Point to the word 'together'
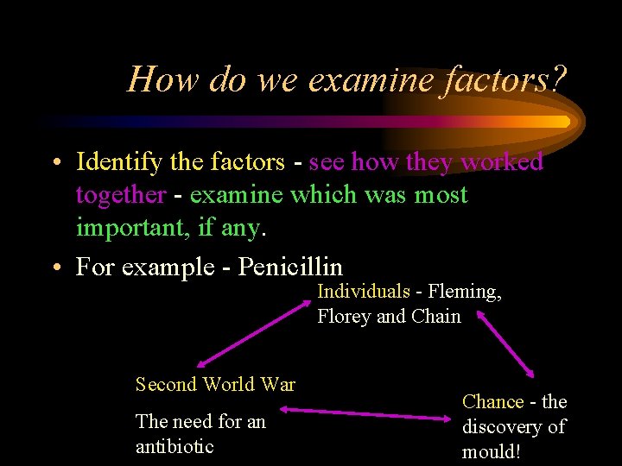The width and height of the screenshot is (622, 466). coord(120,195)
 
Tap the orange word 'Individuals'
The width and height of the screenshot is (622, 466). coord(364,293)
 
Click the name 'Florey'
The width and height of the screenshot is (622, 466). coord(344,316)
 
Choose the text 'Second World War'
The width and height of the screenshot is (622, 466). coord(215,384)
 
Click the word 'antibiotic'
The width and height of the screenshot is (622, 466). coord(175,446)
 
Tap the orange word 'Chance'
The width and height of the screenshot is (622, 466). coord(493,401)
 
